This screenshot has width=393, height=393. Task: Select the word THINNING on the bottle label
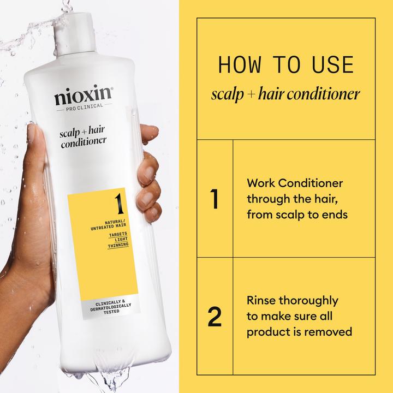117,245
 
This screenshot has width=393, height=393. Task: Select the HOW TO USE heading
285,64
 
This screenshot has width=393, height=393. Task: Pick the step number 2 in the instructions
215,316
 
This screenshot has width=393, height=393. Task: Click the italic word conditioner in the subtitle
327,94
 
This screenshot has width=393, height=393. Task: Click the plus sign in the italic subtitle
248,95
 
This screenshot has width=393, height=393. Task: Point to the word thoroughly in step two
308,301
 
